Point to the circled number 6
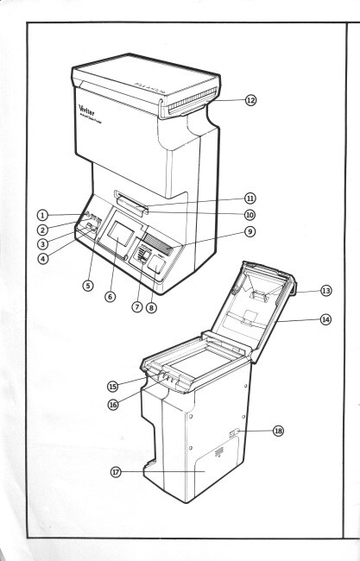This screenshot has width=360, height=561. [x=110, y=294]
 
